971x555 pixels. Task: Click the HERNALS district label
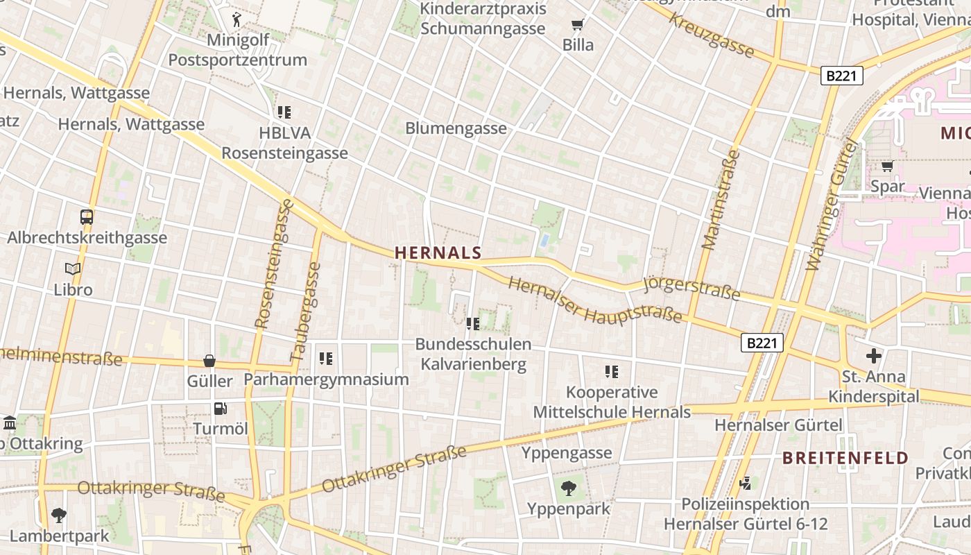point(438,253)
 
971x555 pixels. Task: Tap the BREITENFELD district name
point(845,458)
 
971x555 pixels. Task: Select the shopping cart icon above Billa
point(577,26)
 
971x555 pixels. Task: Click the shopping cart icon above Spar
point(886,166)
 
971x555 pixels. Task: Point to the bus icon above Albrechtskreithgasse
point(87,217)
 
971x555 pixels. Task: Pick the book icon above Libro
point(73,268)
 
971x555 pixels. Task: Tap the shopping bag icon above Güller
point(209,361)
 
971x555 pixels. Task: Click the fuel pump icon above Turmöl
point(220,409)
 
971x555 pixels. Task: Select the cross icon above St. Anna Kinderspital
point(873,357)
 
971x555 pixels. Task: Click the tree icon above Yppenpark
point(568,488)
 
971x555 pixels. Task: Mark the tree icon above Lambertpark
point(59,515)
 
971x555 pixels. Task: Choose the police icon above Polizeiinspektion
point(746,483)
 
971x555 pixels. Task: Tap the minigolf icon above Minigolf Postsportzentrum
point(237,19)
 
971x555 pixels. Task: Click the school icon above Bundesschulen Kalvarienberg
point(473,323)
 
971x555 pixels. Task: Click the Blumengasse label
point(456,128)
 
